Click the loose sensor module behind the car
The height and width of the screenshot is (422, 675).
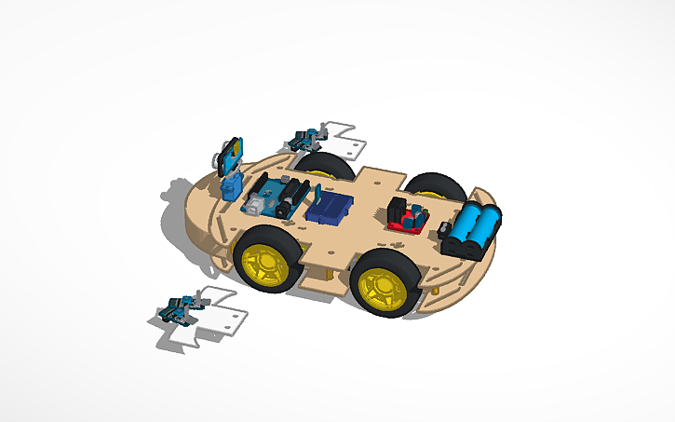pos(304,139)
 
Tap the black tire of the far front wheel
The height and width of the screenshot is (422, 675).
pos(317,164)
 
